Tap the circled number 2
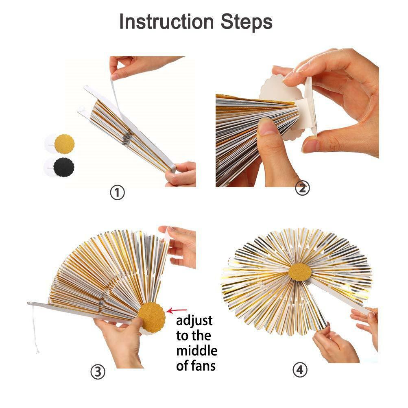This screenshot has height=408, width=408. [x=302, y=188]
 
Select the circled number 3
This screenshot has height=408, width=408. [x=98, y=372]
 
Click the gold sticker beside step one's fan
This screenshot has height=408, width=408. [x=64, y=144]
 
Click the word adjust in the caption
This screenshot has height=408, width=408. [x=194, y=321]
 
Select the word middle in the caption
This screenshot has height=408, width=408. [x=196, y=350]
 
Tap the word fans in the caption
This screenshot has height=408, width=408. [x=202, y=365]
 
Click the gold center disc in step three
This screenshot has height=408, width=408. [x=152, y=317]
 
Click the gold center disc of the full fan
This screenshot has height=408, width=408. [x=300, y=272]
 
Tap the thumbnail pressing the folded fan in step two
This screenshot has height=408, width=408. [x=268, y=127]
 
